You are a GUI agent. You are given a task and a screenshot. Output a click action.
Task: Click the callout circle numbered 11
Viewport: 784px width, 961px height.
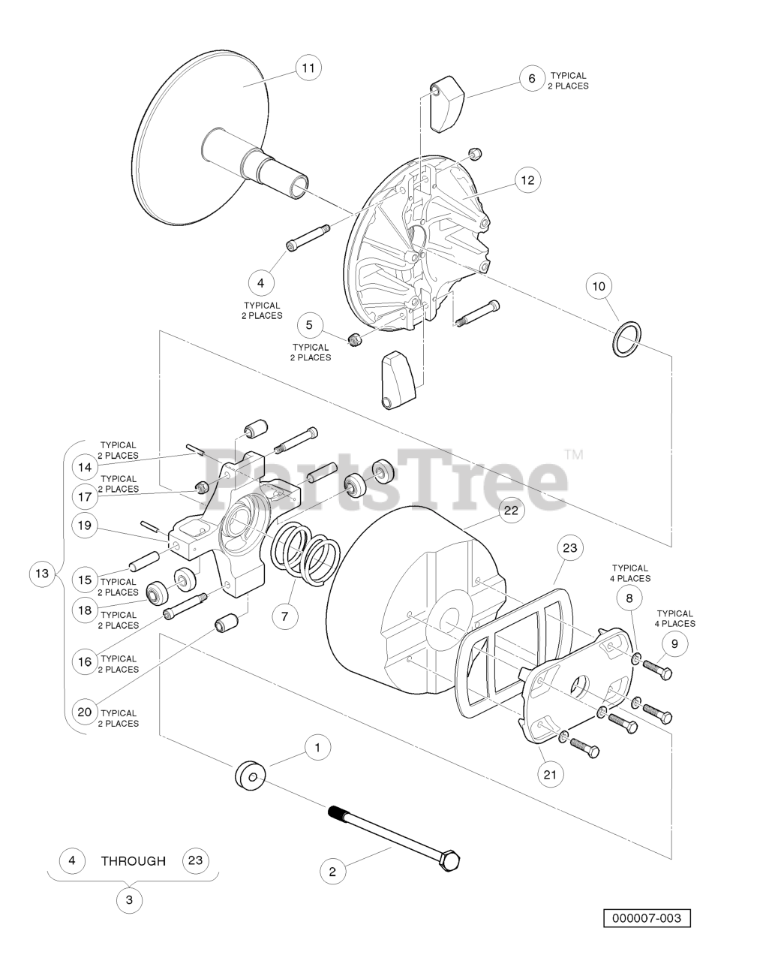[308, 68]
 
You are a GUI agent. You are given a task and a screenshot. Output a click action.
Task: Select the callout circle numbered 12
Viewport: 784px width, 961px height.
[527, 180]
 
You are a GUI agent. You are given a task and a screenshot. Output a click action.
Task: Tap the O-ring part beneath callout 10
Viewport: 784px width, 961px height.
[626, 339]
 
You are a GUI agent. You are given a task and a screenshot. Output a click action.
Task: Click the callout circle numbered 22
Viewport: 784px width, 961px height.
[511, 511]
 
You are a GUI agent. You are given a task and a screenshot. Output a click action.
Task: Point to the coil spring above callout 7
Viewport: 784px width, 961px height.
[305, 553]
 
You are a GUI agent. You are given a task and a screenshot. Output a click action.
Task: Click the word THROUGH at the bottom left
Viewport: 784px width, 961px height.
[134, 860]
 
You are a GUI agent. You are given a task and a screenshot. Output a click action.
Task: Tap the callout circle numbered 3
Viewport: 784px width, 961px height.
[129, 900]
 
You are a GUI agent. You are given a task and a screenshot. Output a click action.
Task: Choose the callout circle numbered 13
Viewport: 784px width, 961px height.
[42, 574]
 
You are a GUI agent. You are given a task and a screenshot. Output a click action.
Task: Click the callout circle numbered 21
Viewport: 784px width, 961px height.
[550, 774]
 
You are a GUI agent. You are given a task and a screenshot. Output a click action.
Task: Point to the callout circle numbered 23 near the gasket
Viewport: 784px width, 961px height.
[570, 548]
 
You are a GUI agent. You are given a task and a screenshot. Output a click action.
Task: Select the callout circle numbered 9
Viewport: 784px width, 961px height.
[674, 643]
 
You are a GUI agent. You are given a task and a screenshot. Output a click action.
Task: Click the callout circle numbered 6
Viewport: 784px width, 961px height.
[532, 78]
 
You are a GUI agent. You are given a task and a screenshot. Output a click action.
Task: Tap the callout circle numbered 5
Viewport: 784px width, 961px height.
[309, 325]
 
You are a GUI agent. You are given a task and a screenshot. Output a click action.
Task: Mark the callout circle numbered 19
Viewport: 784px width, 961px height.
[85, 526]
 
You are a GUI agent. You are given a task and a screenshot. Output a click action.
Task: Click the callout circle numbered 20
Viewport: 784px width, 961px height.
[85, 712]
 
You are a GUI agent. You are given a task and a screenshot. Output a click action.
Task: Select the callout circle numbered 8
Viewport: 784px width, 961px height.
[629, 598]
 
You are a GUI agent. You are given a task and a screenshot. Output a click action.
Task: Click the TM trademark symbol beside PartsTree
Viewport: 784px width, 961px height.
[574, 455]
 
